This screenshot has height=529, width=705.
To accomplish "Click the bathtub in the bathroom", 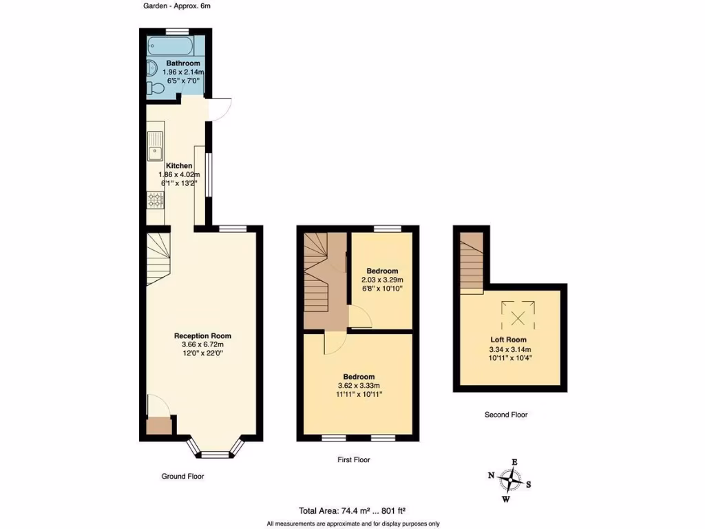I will (x=171, y=47).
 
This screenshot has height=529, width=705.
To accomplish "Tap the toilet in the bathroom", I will (x=156, y=88).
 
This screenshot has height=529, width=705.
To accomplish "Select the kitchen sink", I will (x=154, y=146).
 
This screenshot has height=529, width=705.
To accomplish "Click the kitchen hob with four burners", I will (x=156, y=200).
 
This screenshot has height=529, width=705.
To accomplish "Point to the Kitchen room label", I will (x=179, y=166).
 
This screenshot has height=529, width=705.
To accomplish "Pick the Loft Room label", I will (x=508, y=340).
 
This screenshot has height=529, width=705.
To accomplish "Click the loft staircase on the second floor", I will (x=472, y=262).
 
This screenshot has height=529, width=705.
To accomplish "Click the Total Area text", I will (x=352, y=511).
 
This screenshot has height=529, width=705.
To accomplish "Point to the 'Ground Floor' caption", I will (x=182, y=476).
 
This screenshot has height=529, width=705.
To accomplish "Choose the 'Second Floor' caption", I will (x=506, y=415).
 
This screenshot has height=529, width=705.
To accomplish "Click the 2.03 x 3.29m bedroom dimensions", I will (x=382, y=280).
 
